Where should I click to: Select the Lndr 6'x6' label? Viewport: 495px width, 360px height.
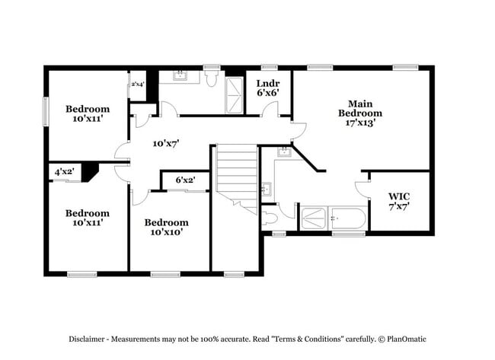point(267,88)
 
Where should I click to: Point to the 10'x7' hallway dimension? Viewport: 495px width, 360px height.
point(165,143)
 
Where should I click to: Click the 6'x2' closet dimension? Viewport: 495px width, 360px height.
point(185,180)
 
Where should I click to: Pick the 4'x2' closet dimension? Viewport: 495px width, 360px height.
point(64,173)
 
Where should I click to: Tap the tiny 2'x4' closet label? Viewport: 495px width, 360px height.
point(138,84)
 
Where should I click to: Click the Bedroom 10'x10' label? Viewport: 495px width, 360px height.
point(167,227)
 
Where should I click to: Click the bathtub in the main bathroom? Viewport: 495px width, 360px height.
point(348,221)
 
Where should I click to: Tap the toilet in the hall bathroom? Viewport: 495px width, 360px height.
point(212,78)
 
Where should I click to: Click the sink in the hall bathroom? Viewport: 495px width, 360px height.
point(180,75)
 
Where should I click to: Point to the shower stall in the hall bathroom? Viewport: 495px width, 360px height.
point(235,94)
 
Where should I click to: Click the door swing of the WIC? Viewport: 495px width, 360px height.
point(361,191)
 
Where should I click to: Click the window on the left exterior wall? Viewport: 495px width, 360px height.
point(46,111)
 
